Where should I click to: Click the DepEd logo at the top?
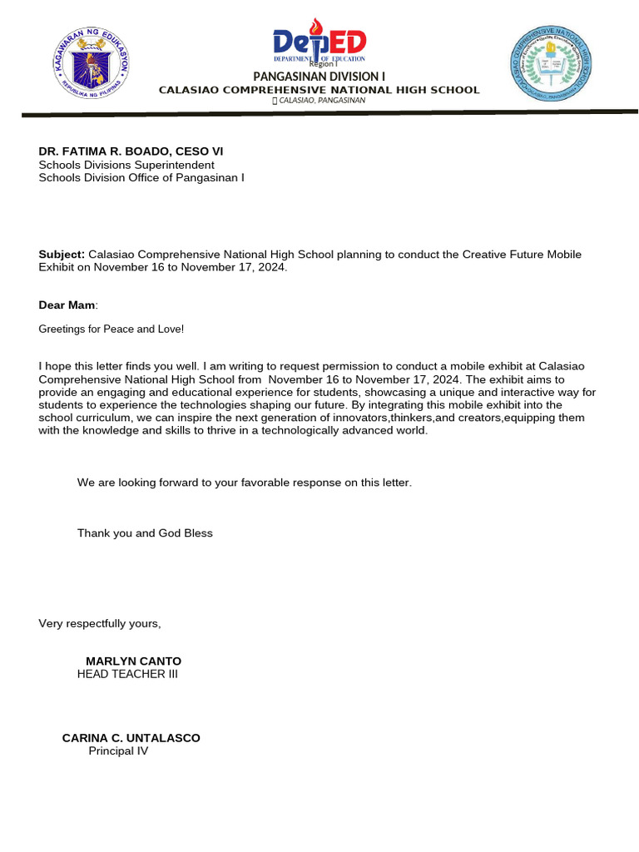[319, 42]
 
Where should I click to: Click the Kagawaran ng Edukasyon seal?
[92, 64]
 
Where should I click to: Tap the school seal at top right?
[550, 63]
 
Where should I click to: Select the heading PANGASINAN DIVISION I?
[319, 77]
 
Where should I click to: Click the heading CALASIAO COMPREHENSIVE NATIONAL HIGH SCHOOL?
[319, 90]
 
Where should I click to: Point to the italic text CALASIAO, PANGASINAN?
[323, 101]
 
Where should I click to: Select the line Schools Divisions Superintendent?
[126, 165]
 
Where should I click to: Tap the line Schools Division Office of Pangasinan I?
[141, 177]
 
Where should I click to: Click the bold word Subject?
[62, 255]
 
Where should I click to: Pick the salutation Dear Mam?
[67, 305]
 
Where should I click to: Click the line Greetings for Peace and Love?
[111, 329]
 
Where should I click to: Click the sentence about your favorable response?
[244, 483]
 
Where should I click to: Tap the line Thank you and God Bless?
[145, 533]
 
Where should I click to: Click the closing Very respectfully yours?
[100, 624]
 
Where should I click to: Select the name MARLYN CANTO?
[133, 661]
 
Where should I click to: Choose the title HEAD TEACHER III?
[127, 674]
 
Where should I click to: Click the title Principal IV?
[118, 751]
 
